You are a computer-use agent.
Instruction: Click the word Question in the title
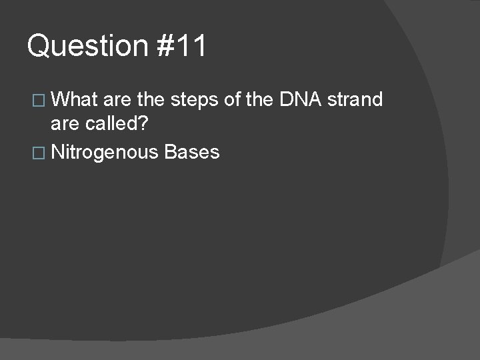coord(87,47)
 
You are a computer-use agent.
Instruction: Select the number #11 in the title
coord(183,47)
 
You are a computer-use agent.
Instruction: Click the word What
coord(75,100)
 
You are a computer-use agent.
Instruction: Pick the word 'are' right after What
coord(117,100)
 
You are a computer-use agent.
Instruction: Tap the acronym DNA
coord(301,100)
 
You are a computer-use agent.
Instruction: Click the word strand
coord(355,100)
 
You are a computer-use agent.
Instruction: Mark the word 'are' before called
coord(65,126)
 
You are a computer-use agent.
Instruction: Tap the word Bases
coord(191,152)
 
